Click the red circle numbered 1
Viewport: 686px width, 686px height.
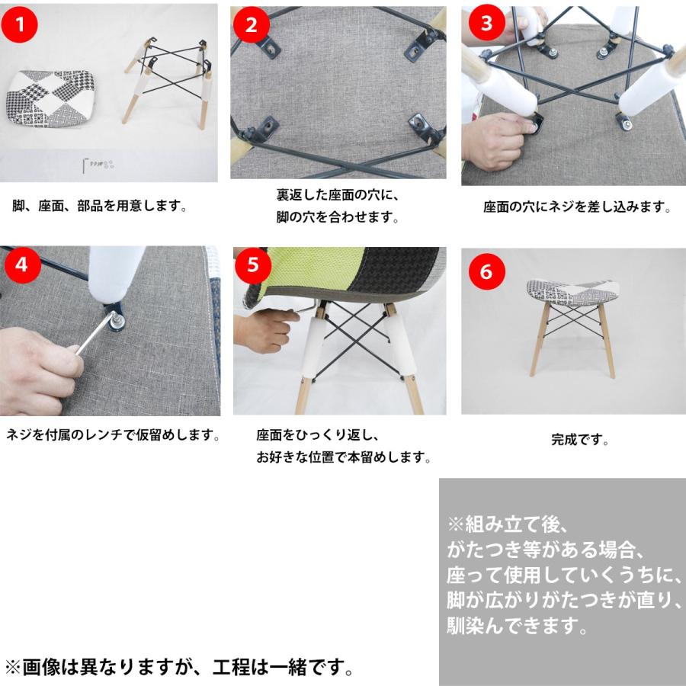pos(19,24)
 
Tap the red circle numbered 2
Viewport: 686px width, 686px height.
pos(251,24)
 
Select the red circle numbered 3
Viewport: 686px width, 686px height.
pos(486,23)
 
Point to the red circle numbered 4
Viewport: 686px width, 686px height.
pos(21,265)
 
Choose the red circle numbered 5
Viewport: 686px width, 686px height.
pos(253,265)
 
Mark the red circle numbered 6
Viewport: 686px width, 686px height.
pos(486,271)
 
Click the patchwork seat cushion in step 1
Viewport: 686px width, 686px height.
pos(50,98)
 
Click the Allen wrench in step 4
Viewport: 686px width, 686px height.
pos(97,333)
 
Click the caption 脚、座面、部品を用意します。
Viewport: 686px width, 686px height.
pos(100,206)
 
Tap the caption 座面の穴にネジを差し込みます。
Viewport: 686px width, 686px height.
pos(577,207)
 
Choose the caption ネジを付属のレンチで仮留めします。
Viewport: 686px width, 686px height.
pos(114,435)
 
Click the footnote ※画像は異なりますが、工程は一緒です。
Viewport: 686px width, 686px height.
pos(180,667)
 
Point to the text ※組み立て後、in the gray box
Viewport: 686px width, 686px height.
pos(508,524)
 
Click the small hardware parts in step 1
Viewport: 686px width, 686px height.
pos(99,165)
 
